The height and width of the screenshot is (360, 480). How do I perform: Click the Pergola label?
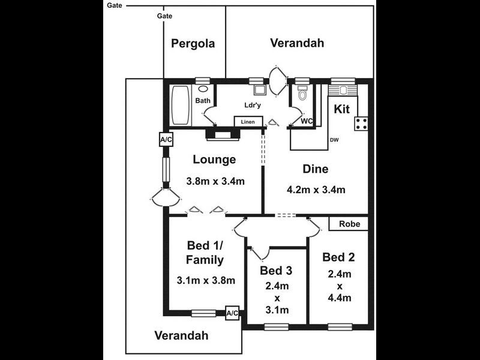pyautogui.click(x=193, y=43)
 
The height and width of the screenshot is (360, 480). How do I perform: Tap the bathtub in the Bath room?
pyautogui.click(x=180, y=105)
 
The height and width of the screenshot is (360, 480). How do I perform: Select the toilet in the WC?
pyautogui.click(x=302, y=94)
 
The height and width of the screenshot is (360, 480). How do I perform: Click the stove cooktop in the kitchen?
pyautogui.click(x=361, y=124)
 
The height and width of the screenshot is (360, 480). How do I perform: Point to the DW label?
pyautogui.click(x=334, y=140)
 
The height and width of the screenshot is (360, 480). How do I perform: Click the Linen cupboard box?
pyautogui.click(x=248, y=122)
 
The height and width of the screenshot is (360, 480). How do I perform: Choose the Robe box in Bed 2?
pyautogui.click(x=349, y=224)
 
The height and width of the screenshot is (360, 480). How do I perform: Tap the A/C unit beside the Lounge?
pyautogui.click(x=166, y=140)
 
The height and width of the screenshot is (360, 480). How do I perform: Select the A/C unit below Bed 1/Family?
pyautogui.click(x=232, y=313)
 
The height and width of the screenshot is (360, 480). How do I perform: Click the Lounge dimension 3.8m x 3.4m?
pyautogui.click(x=215, y=181)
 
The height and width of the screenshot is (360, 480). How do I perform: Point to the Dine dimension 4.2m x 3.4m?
pyautogui.click(x=316, y=190)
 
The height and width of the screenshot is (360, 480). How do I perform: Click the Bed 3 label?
pyautogui.click(x=276, y=271)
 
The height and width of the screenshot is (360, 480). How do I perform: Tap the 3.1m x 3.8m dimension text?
pyautogui.click(x=206, y=280)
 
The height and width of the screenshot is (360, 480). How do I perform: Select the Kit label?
pyautogui.click(x=341, y=109)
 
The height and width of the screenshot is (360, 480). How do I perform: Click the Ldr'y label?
pyautogui.click(x=253, y=105)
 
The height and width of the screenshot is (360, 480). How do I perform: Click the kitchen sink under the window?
pyautogui.click(x=343, y=91)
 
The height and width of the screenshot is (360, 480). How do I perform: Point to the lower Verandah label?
pyautogui.click(x=182, y=335)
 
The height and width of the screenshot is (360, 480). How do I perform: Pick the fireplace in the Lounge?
pyautogui.click(x=223, y=134)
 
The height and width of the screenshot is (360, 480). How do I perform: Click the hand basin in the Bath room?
pyautogui.click(x=203, y=89)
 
